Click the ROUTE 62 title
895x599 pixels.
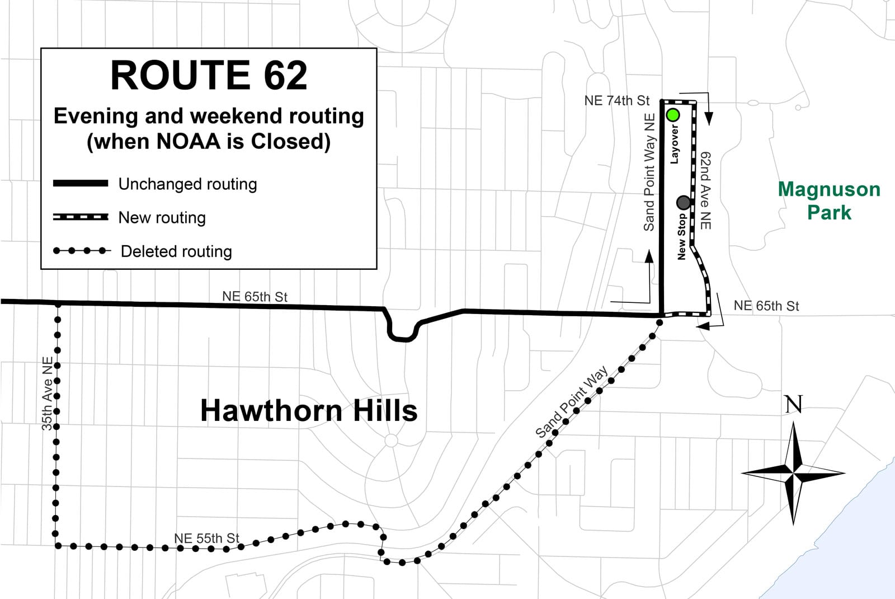(209, 75)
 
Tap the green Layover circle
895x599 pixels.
(673, 115)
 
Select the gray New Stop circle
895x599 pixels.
(684, 202)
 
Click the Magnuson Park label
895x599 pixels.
(829, 201)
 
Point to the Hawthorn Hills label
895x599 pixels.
(309, 410)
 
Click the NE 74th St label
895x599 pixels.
(616, 101)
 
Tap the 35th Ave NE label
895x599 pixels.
(48, 393)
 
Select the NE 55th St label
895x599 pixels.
(206, 538)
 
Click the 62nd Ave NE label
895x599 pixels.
(705, 190)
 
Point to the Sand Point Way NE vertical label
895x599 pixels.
(649, 172)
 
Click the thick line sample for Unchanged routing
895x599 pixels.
(81, 184)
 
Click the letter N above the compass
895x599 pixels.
(793, 404)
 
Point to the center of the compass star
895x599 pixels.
(793, 473)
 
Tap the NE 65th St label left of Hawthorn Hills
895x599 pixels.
(255, 296)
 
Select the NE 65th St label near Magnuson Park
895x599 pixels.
(766, 306)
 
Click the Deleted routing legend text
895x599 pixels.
(176, 251)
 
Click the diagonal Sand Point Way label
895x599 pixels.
(571, 401)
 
